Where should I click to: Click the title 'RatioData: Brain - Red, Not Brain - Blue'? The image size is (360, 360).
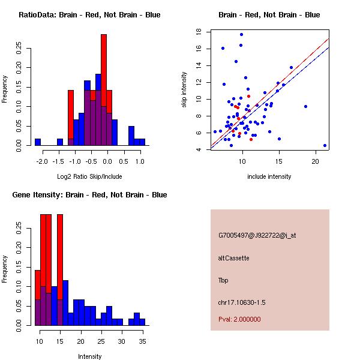click(x=89, y=15)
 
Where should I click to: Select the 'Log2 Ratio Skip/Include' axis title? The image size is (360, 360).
click(x=89, y=176)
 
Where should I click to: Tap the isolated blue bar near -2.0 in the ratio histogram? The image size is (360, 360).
click(x=38, y=142)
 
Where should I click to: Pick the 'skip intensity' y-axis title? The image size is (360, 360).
click(x=184, y=90)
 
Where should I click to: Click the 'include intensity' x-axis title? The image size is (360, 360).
click(x=269, y=176)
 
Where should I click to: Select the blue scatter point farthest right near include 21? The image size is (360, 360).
click(x=325, y=145)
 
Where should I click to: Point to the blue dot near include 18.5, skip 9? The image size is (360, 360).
click(x=305, y=106)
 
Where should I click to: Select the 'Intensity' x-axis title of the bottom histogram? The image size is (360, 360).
click(x=90, y=356)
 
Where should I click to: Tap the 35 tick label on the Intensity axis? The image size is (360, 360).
click(x=142, y=341)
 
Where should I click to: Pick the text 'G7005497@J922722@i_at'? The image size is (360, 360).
click(x=257, y=235)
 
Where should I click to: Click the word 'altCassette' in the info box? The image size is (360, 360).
click(x=233, y=258)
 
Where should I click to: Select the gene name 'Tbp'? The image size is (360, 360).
click(x=223, y=280)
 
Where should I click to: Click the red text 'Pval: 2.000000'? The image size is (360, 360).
click(x=244, y=319)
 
